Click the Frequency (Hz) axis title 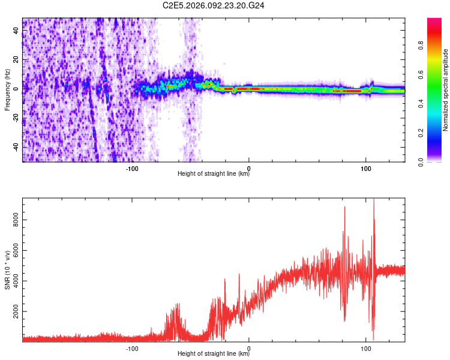click(7, 90)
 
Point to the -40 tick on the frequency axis click(16, 147)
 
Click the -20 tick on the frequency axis click(16, 118)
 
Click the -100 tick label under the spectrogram click(132, 168)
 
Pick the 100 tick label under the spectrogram click(365, 168)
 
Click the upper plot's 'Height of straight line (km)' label click(214, 175)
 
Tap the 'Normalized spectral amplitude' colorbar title click(446, 90)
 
